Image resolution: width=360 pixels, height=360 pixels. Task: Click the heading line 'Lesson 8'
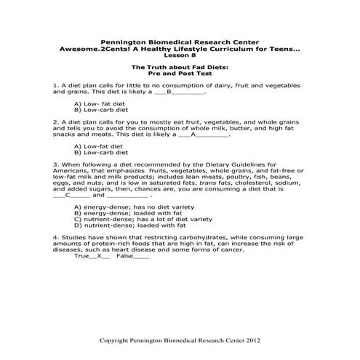(x=179, y=54)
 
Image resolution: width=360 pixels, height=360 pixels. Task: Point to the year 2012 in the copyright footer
(x=249, y=340)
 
